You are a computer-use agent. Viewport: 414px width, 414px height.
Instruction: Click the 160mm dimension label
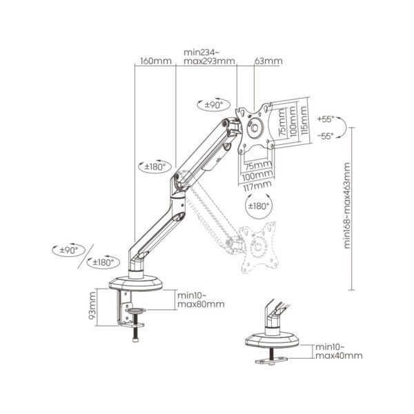pos(156,61)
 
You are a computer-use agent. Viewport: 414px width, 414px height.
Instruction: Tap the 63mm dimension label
pos(268,61)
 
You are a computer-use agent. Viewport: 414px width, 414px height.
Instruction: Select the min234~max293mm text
pos(209,57)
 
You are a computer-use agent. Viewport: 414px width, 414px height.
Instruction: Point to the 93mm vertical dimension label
pos(92,305)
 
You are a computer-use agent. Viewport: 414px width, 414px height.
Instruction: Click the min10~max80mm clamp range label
pos(201,299)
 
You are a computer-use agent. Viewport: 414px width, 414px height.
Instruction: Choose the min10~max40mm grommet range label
pos(339,351)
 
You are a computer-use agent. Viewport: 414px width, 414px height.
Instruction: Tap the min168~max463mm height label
pos(347,206)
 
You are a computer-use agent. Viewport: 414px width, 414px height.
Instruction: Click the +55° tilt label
pos(326,119)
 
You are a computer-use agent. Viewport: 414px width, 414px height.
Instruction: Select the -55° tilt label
pos(326,136)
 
